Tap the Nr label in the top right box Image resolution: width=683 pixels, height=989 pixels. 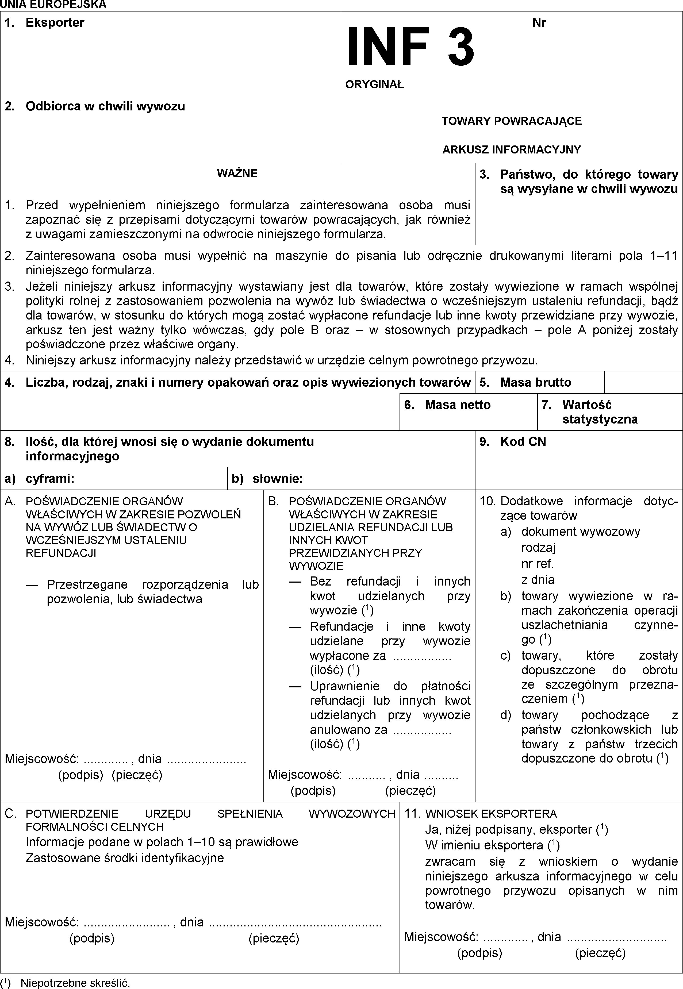pos(539,23)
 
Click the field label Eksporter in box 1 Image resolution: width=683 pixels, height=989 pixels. pos(55,23)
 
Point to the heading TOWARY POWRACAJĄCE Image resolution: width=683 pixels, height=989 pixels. pos(511,121)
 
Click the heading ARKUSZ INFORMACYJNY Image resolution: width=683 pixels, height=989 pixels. pos(511,150)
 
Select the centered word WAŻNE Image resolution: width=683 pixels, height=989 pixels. pos(237,173)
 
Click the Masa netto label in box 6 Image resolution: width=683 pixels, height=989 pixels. pos(458,405)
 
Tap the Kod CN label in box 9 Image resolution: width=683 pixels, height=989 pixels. pos(523,442)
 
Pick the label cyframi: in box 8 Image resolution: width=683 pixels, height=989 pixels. pos(50,479)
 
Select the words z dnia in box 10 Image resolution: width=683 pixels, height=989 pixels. pos(538,580)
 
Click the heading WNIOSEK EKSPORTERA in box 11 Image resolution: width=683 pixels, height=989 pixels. pos(491,814)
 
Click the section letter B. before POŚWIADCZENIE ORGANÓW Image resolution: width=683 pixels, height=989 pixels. pos(273,501)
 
